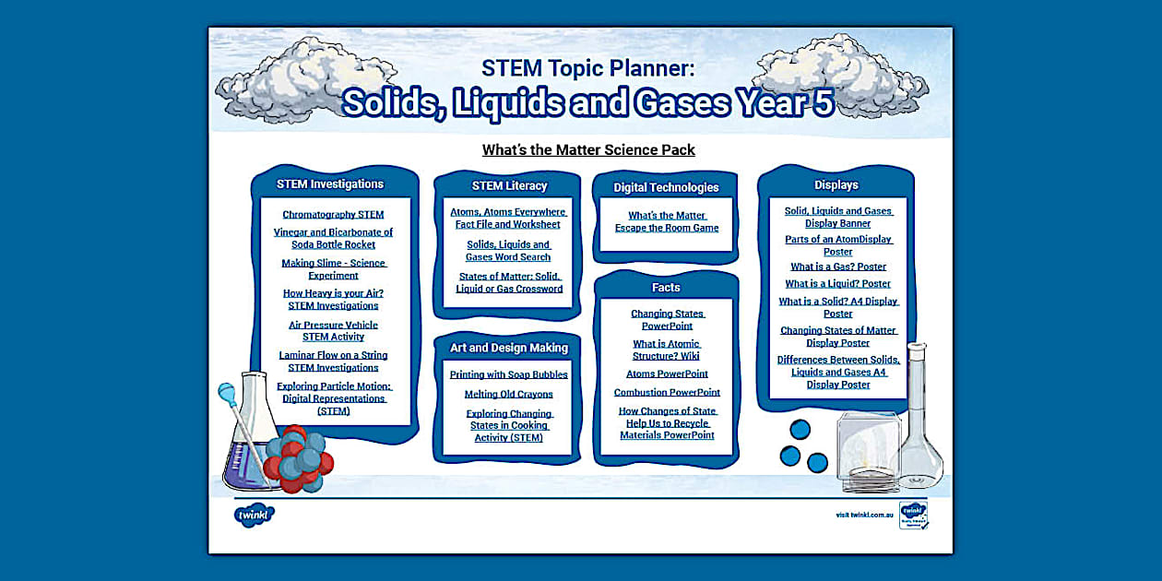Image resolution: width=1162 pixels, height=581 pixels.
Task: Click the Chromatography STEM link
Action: tap(333, 215)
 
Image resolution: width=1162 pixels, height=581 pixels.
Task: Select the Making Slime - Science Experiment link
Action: tap(333, 269)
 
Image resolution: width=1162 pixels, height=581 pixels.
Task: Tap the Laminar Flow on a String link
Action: tap(333, 362)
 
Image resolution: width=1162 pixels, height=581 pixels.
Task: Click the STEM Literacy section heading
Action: tap(509, 185)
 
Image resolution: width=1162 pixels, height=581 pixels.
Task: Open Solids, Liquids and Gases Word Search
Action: tap(508, 251)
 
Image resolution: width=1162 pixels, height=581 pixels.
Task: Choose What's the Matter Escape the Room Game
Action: tap(667, 222)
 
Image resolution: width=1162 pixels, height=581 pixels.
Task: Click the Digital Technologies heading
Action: tap(666, 187)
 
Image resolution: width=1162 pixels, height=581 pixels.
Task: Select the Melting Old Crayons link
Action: tap(508, 395)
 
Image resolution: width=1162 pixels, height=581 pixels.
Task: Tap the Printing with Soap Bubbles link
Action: tap(508, 375)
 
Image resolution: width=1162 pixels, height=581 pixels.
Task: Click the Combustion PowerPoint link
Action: tap(667, 393)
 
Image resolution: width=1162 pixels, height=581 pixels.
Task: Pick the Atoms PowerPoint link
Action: tap(667, 374)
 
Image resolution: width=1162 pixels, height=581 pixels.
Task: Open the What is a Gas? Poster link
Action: tap(837, 267)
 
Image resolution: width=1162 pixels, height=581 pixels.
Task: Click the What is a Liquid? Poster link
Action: tap(837, 284)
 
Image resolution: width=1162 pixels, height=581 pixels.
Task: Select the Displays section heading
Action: tap(836, 185)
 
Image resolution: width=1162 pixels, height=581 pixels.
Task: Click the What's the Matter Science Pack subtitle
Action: tap(588, 149)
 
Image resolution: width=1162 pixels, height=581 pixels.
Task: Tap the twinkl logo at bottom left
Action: tap(255, 516)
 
